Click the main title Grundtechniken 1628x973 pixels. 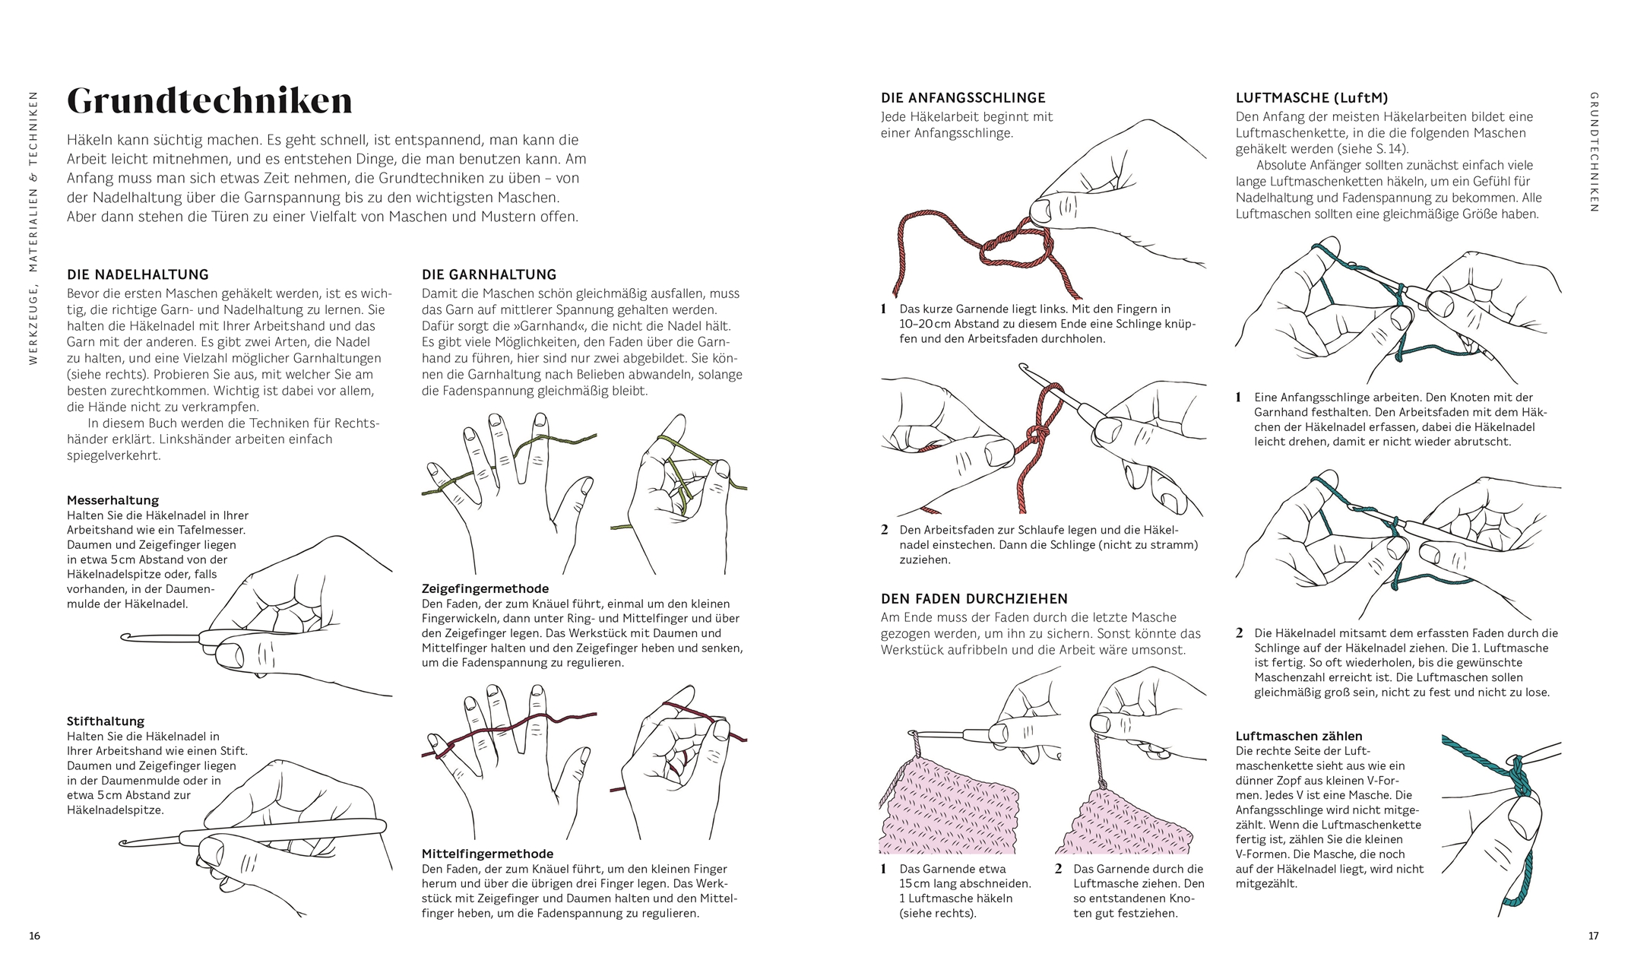point(210,102)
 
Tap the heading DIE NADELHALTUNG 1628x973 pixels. point(138,274)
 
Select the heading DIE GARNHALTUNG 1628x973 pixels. point(489,274)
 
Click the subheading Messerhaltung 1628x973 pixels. point(112,500)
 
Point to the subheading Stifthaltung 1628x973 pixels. point(106,721)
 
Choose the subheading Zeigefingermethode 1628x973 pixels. point(485,589)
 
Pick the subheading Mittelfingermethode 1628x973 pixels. point(487,854)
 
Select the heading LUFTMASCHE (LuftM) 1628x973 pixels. point(1312,98)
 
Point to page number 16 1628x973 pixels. point(34,936)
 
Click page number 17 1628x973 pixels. point(1594,936)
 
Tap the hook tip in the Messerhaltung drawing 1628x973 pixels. point(123,637)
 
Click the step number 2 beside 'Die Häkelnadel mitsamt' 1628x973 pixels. point(1240,633)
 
